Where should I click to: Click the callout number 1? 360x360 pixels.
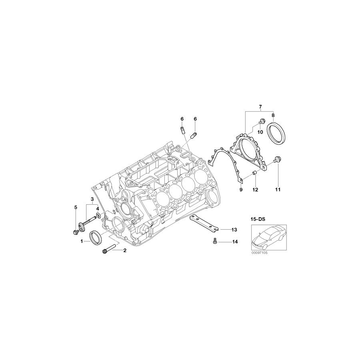click(x=82, y=241)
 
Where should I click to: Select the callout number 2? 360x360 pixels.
click(x=125, y=251)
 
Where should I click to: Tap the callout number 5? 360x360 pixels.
click(x=75, y=207)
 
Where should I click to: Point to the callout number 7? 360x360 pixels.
click(x=260, y=106)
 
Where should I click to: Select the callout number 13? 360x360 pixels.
click(x=234, y=230)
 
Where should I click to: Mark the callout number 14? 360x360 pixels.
click(x=234, y=242)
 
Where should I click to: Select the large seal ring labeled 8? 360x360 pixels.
click(x=277, y=134)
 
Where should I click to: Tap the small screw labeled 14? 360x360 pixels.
click(x=214, y=241)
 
